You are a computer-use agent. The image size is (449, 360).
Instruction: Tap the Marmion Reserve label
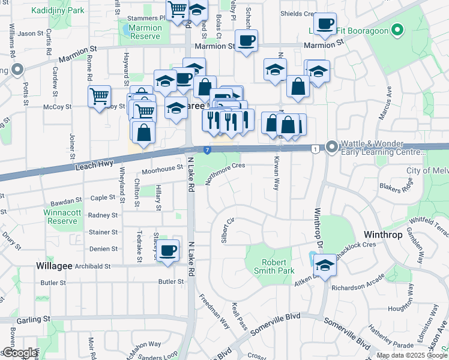[x=145, y=32]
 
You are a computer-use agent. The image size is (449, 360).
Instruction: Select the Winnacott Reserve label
[x=61, y=217]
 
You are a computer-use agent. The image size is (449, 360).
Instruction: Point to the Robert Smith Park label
[x=277, y=266]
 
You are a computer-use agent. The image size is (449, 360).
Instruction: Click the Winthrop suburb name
[x=383, y=235]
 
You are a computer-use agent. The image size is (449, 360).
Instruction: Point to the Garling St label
[x=34, y=320]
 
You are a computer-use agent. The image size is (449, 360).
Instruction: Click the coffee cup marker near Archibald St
[x=168, y=250]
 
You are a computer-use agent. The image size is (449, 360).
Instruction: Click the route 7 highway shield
[x=206, y=149]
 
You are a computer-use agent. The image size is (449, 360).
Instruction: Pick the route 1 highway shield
[x=315, y=148]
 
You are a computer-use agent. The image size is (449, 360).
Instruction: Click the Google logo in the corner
[x=19, y=353]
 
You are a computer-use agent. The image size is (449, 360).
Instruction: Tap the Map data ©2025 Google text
[x=411, y=355]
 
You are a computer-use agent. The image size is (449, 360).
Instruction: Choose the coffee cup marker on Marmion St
[x=246, y=41]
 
